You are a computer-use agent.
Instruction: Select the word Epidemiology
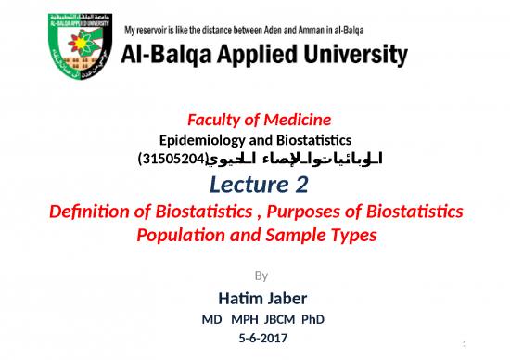[198, 139]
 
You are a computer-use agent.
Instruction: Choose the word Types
[349, 235]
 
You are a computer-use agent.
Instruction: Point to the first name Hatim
[237, 298]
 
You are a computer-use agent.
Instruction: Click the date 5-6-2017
[263, 339]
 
